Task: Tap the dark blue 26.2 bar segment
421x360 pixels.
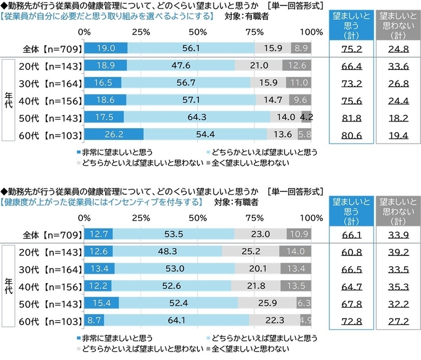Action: pos(114,133)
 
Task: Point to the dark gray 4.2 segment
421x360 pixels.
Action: pos(307,117)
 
